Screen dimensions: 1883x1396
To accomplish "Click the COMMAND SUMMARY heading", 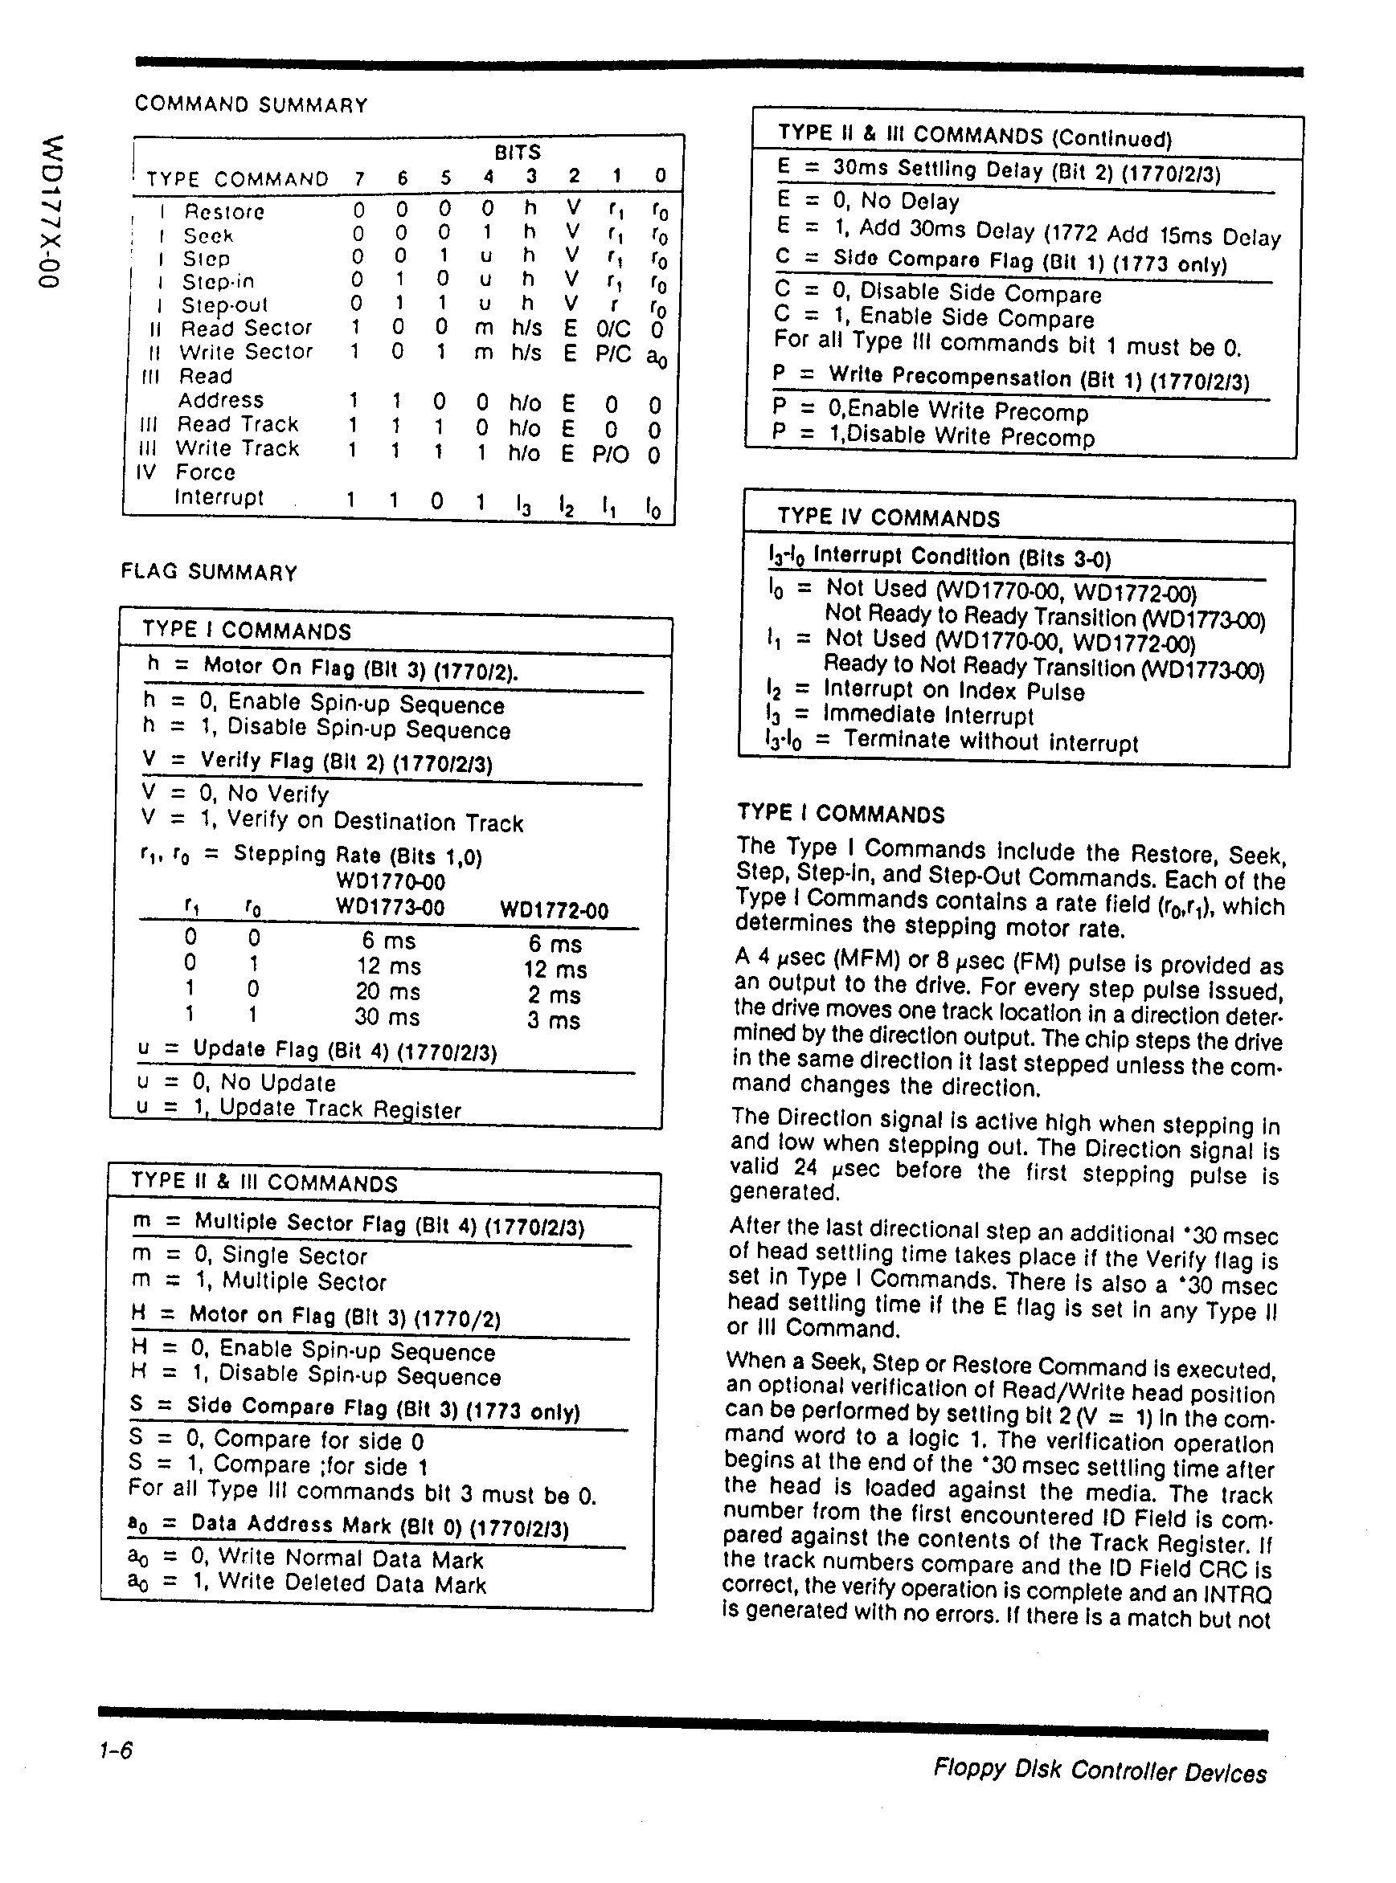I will click(251, 104).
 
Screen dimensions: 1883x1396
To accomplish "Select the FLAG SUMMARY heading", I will click(209, 572).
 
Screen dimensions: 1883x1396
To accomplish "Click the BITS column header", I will click(517, 152).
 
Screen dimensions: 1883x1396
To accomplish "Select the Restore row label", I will click(224, 211).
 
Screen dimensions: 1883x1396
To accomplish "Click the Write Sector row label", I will click(245, 351).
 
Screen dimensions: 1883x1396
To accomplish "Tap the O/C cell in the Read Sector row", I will click(612, 329).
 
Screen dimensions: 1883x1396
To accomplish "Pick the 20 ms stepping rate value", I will click(387, 992).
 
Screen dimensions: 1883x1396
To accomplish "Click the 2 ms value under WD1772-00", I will click(555, 995).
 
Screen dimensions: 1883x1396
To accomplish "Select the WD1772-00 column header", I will click(554, 911).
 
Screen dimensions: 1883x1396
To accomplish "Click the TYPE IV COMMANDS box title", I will click(887, 518).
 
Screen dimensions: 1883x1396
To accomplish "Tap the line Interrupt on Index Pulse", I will click(953, 691).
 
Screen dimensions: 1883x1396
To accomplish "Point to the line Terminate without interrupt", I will click(989, 741).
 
